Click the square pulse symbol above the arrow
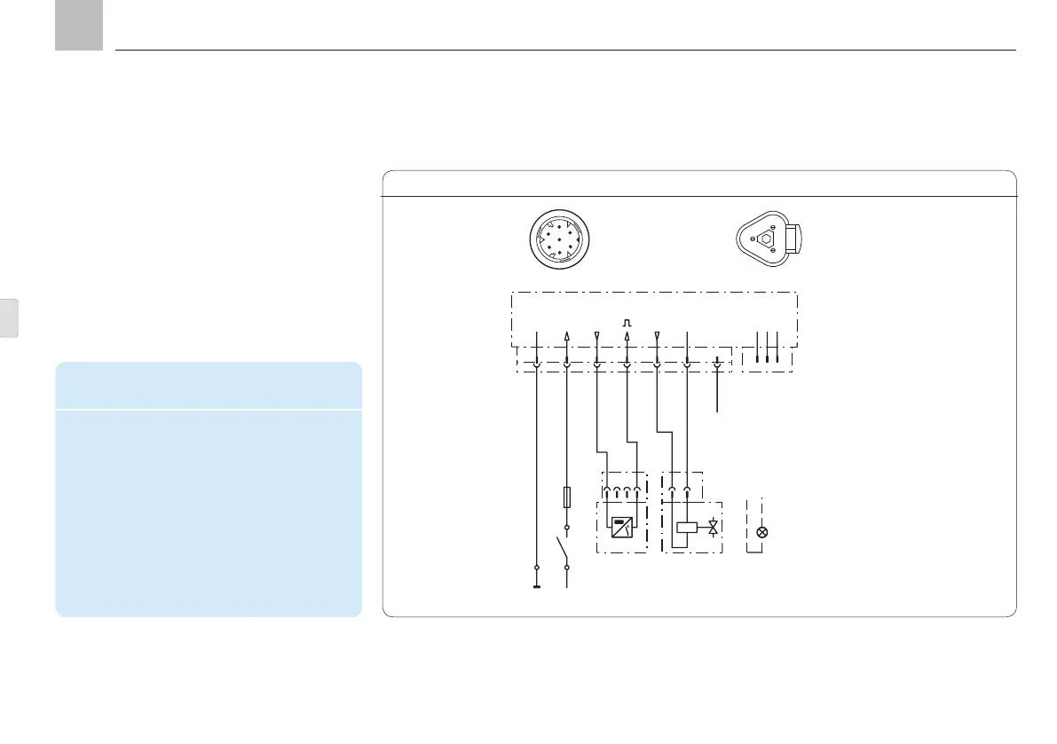(x=627, y=321)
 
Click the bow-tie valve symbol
(x=714, y=528)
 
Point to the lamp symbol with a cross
(x=761, y=533)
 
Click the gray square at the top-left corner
(x=78, y=25)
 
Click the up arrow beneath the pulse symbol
(x=627, y=338)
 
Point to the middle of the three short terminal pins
(x=767, y=347)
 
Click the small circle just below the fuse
(x=567, y=527)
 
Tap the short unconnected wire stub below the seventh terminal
(x=717, y=395)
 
